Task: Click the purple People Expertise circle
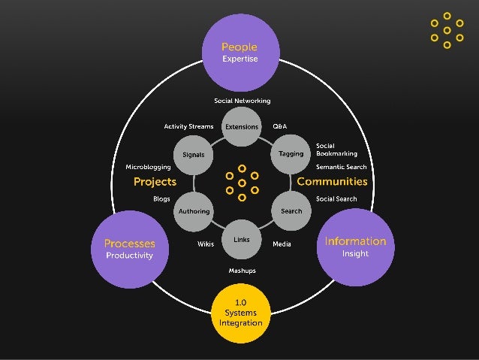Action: tap(239, 53)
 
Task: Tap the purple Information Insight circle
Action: tap(354, 247)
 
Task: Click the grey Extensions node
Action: tap(242, 127)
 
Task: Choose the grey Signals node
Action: tap(194, 155)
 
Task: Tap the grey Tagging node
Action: tap(291, 153)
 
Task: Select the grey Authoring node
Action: tap(194, 211)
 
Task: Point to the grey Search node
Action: tap(291, 211)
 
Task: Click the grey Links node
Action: tap(242, 240)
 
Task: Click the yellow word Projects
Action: tap(155, 182)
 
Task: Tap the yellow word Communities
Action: tap(332, 182)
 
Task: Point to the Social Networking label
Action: tap(242, 101)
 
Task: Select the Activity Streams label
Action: tap(188, 126)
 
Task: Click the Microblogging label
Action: tap(148, 166)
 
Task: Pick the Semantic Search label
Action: tap(341, 166)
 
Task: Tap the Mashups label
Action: tap(242, 270)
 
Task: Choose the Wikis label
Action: tap(206, 244)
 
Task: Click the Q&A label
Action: tap(279, 126)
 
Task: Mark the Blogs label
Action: tap(161, 198)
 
